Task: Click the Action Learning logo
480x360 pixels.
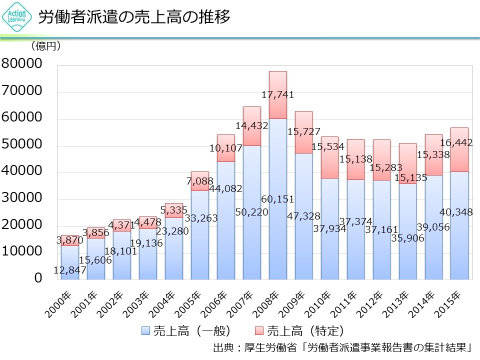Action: [18, 17]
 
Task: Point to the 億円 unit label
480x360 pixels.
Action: [45, 46]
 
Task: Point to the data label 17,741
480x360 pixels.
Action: [277, 94]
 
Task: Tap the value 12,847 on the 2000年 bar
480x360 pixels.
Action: [69, 270]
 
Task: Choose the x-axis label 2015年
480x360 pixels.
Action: [457, 302]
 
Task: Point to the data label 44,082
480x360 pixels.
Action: [225, 188]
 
